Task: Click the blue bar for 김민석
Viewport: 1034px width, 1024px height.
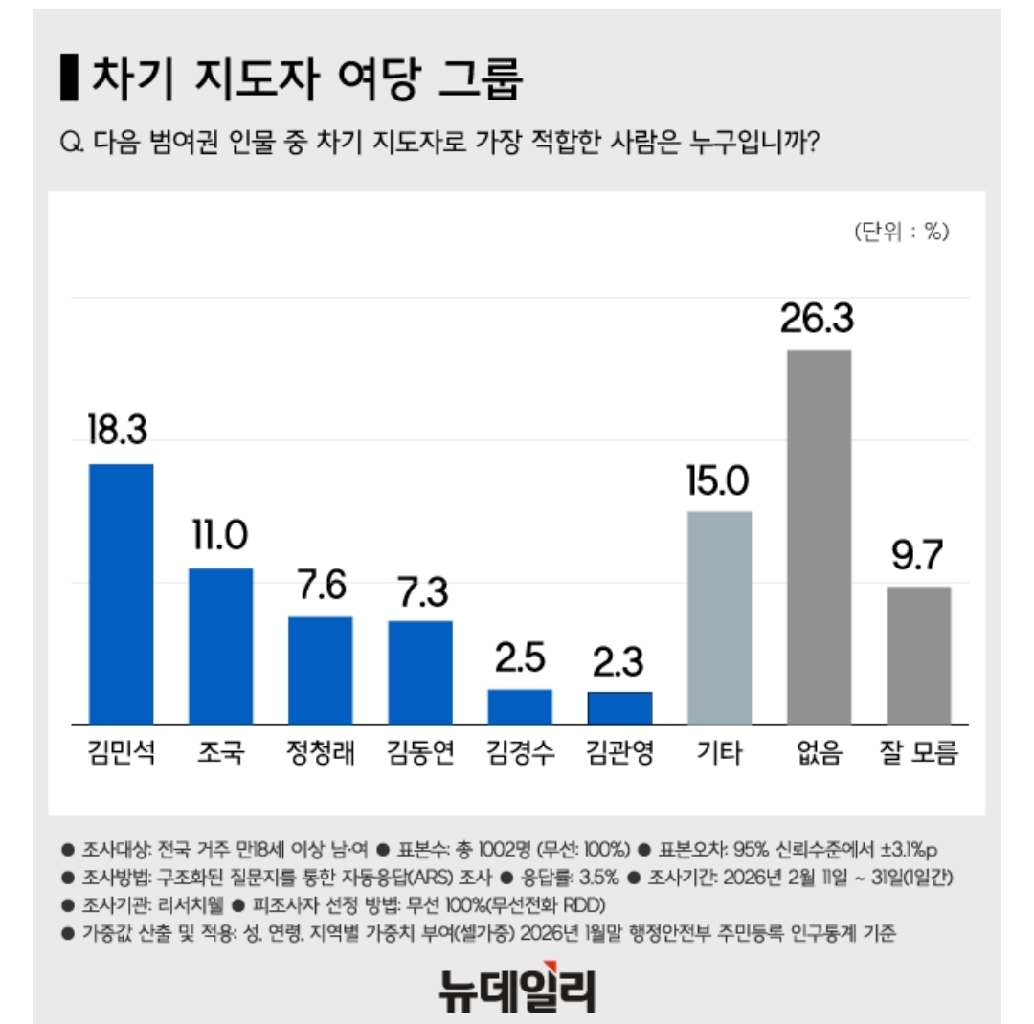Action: pos(121,593)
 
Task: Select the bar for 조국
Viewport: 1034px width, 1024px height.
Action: pos(220,646)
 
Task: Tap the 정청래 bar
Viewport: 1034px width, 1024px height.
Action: pos(321,670)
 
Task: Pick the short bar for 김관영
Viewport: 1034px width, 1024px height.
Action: pos(619,708)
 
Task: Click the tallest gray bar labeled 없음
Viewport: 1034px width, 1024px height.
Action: pos(819,536)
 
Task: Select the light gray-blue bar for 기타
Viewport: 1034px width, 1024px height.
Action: pos(719,617)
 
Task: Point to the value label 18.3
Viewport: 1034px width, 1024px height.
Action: pos(118,431)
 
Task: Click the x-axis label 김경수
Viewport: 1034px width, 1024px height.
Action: pos(520,754)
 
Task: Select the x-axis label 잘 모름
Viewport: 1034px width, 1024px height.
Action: pos(917,754)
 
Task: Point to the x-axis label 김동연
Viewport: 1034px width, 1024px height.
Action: pos(420,754)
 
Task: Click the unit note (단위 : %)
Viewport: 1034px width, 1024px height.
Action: pos(900,232)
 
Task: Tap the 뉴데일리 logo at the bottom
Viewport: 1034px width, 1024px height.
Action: pos(517,991)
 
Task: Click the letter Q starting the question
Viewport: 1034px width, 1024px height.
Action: pos(69,144)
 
